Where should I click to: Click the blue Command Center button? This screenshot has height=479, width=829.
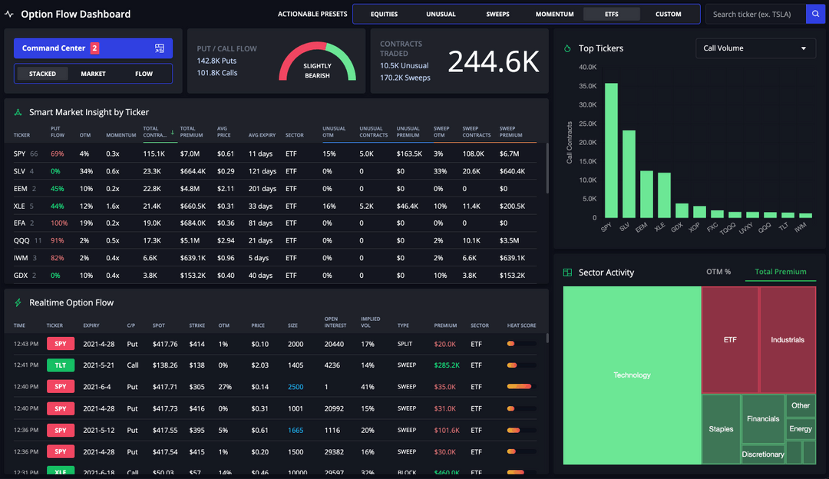coord(93,48)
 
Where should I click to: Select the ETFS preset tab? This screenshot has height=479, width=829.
coord(611,14)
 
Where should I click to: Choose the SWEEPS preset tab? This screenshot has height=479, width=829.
coord(497,14)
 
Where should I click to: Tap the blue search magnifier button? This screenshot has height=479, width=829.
coord(815,14)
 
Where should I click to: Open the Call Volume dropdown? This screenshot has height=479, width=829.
coord(755,48)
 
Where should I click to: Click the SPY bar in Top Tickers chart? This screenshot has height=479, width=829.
coord(611,150)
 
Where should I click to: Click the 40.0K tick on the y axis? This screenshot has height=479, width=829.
coord(587,67)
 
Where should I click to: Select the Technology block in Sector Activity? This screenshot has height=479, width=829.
coord(632,375)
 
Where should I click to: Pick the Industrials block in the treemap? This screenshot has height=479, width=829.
coord(788,339)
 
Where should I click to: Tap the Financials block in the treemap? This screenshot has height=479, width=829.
coord(763,419)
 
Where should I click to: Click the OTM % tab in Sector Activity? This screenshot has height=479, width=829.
coord(718,272)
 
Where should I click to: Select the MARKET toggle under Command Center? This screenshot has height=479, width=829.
coord(93,74)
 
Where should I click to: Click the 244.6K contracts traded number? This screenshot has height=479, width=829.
coord(494,62)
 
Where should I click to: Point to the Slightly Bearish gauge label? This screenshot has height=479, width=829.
coord(317,71)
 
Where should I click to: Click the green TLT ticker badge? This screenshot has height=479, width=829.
coord(60,365)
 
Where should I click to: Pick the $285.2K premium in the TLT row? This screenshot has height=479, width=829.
coord(447,365)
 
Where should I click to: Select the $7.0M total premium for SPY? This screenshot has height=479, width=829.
coord(190,154)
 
